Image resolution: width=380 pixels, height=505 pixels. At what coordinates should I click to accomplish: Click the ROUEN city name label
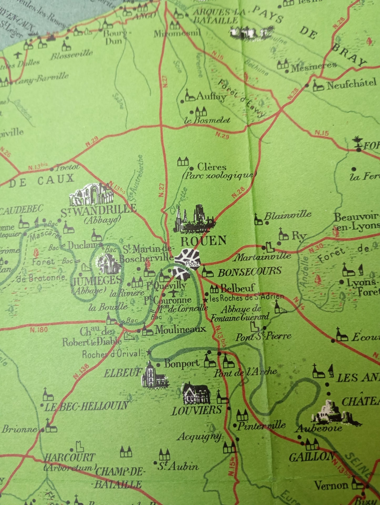pyautogui.click(x=203, y=241)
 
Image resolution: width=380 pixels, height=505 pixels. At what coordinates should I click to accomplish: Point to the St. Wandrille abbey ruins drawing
pyautogui.click(x=91, y=194)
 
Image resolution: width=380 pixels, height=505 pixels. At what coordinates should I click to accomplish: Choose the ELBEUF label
pyautogui.click(x=123, y=373)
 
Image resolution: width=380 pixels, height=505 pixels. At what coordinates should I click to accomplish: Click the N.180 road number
pyautogui.click(x=38, y=329)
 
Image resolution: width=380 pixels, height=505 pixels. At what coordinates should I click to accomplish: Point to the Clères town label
pyautogui.click(x=211, y=167)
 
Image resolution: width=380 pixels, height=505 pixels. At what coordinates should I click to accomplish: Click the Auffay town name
pyautogui.click(x=211, y=97)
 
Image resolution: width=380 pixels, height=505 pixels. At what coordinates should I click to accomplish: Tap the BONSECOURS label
pyautogui.click(x=249, y=272)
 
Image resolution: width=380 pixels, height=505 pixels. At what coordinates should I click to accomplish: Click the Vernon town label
pyautogui.click(x=331, y=485)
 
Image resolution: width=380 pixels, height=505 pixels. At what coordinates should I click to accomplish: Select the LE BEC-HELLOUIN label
pyautogui.click(x=86, y=407)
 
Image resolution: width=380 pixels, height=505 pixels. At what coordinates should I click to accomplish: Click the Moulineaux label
pyautogui.click(x=180, y=329)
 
